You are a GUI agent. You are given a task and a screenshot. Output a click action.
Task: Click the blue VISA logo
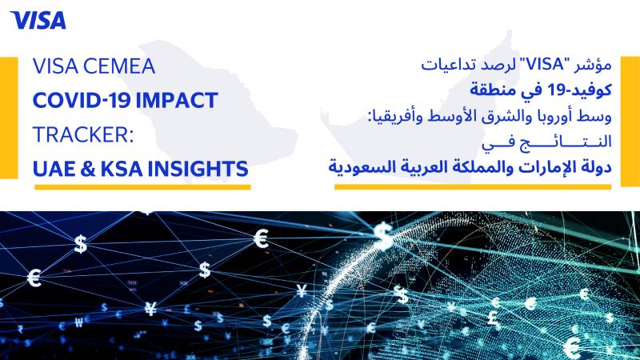coord(38,21)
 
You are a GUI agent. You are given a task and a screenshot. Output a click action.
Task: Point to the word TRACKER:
coord(83,134)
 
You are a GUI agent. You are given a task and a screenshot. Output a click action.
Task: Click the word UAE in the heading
coord(54,169)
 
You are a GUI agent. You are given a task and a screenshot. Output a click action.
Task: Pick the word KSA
coord(122,169)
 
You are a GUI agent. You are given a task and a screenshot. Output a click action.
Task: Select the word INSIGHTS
coord(198,169)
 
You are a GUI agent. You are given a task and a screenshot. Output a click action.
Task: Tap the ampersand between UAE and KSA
coord(88,169)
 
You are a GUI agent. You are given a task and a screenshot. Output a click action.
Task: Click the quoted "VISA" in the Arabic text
coord(541,65)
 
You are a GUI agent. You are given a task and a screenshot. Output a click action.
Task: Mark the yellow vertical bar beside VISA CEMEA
coord(9,118)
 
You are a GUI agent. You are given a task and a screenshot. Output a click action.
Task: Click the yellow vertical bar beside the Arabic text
coord(630,122)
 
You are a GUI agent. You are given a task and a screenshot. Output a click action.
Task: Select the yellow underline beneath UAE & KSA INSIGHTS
coord(142,187)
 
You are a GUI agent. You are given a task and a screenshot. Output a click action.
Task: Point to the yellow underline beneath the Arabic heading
coord(473,187)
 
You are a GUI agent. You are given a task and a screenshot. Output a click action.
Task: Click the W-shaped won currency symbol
coord(79,323)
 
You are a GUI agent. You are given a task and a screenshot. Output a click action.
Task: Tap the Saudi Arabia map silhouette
coord(204,110)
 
